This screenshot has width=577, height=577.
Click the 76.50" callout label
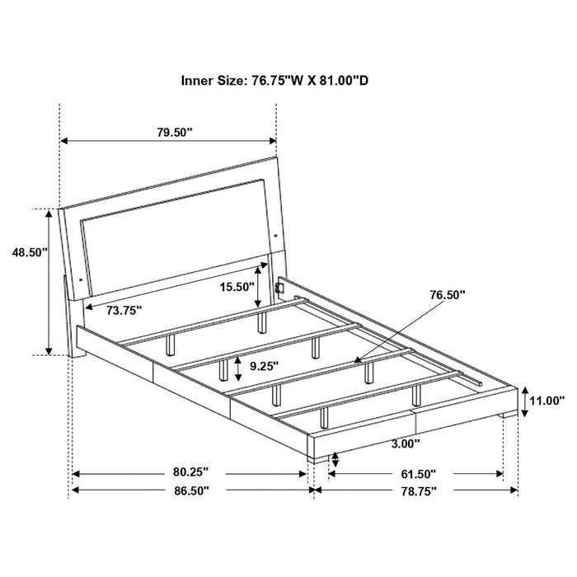[x=447, y=293]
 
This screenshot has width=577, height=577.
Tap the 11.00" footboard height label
[x=547, y=401]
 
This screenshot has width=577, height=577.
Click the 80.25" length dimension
[x=190, y=473]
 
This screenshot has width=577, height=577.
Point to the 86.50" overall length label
[x=190, y=490]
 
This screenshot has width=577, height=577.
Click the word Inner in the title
[x=199, y=81]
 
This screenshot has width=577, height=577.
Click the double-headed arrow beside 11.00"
[x=523, y=401]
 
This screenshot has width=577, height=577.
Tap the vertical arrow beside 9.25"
[x=237, y=364]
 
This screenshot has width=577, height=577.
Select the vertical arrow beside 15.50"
[x=261, y=287]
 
